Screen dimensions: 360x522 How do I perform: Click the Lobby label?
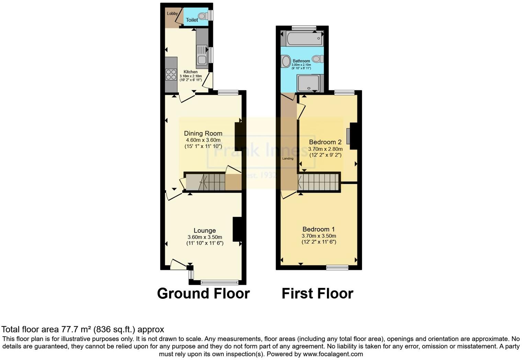click(172, 13)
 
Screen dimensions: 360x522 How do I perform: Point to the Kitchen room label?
click(190, 72)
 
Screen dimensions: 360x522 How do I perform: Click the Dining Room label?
click(203, 133)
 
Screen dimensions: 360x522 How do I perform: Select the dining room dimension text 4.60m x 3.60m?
click(203, 140)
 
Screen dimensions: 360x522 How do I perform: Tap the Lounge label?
click(205, 230)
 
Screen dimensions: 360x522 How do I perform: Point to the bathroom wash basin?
click(285, 62)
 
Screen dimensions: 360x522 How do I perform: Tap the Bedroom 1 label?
click(318, 229)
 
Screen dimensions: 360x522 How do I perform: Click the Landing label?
click(288, 158)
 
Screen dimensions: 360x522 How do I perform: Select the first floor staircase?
click(318, 182)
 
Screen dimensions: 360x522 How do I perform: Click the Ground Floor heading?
click(203, 294)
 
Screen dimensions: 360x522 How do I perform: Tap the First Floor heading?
click(317, 294)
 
